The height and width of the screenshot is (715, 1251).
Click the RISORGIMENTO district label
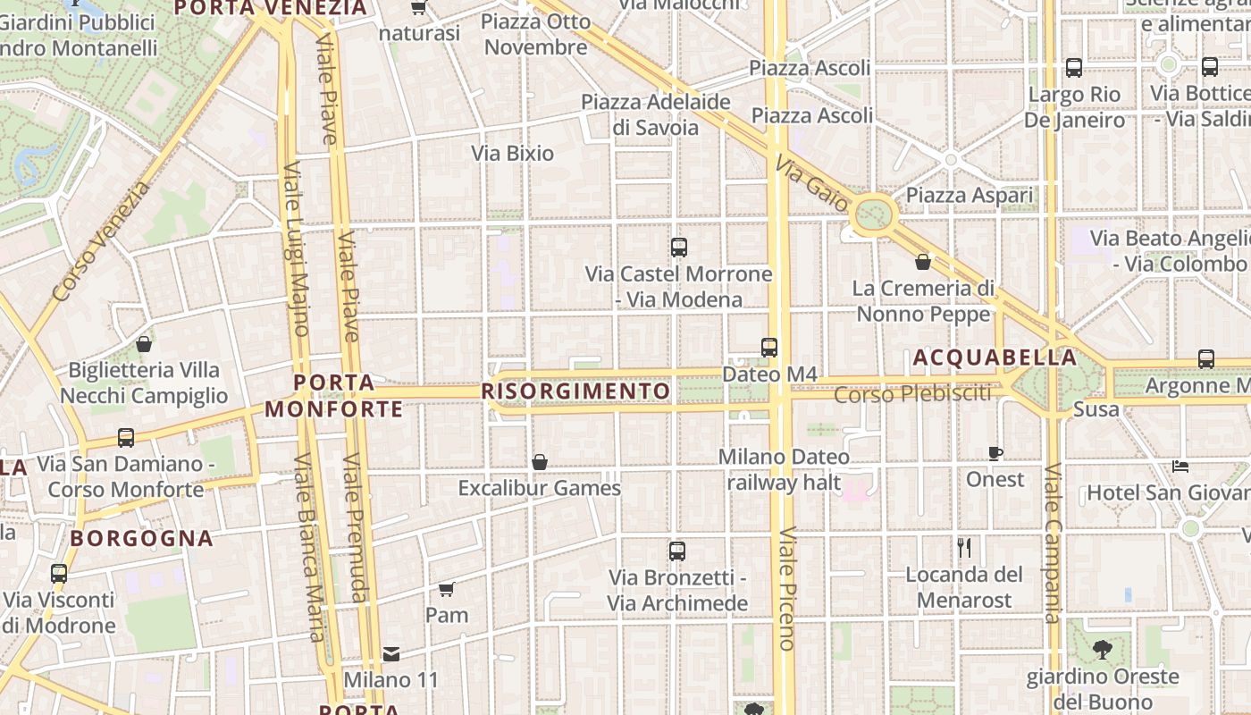click(x=575, y=391)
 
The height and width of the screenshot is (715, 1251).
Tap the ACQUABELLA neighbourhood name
click(x=995, y=357)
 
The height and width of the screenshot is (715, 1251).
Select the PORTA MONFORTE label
click(x=334, y=396)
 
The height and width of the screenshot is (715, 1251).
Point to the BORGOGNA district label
click(x=142, y=538)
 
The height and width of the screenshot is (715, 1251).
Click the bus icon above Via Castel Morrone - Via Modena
click(x=679, y=247)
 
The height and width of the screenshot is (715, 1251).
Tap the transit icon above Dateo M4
click(x=769, y=347)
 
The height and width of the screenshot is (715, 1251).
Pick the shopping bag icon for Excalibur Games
click(x=540, y=462)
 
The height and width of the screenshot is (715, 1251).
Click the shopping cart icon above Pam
click(x=447, y=589)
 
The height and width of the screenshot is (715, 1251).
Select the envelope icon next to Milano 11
click(x=391, y=654)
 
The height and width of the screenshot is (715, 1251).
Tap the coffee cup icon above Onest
click(x=995, y=453)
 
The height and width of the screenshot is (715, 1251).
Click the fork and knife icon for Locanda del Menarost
click(x=964, y=547)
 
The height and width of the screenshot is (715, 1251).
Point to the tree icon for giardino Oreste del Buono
click(x=1103, y=650)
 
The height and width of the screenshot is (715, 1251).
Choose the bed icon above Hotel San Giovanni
click(x=1180, y=466)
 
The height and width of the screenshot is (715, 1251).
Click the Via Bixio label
click(x=513, y=153)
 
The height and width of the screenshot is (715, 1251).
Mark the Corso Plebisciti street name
click(x=912, y=393)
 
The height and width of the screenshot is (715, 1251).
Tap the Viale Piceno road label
click(x=786, y=587)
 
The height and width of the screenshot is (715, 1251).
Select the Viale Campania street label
click(x=1052, y=543)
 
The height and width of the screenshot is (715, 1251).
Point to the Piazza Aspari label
click(x=970, y=195)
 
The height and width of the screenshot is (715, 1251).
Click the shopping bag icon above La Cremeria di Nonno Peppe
click(x=923, y=262)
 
